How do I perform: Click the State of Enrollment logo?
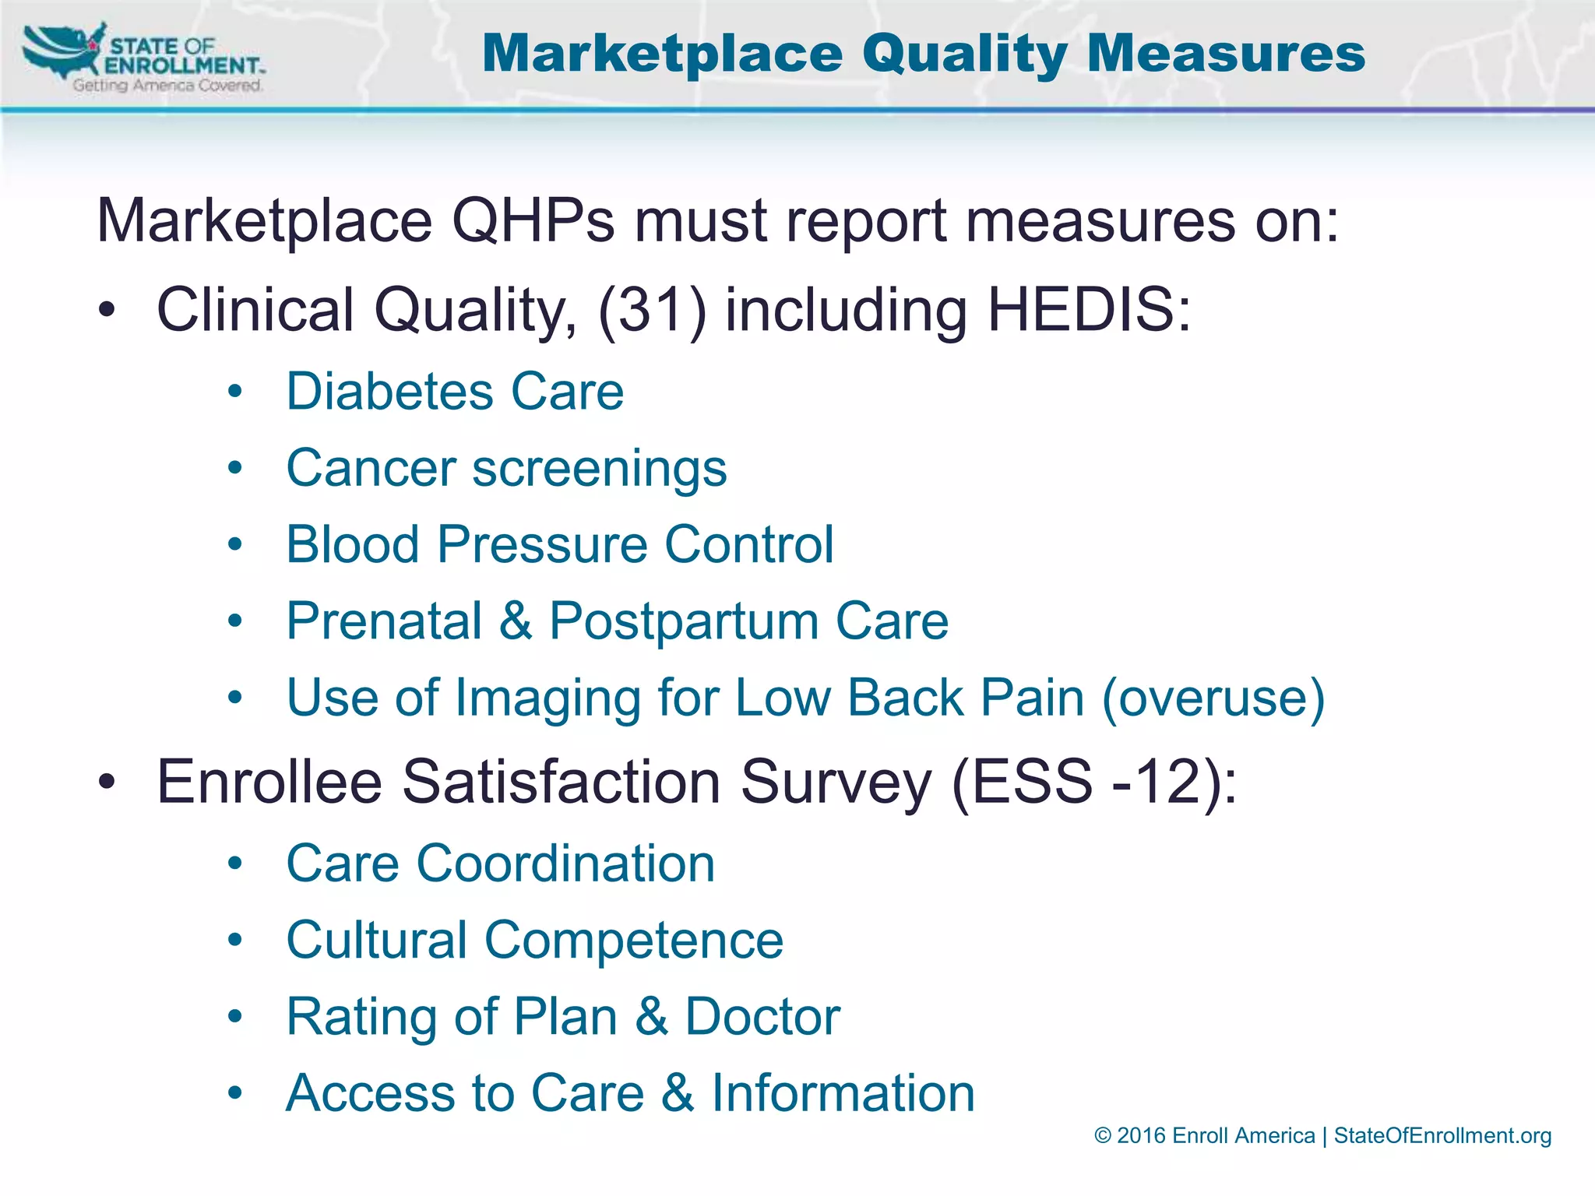tap(144, 58)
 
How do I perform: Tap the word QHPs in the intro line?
tap(533, 221)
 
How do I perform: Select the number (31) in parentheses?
tap(652, 310)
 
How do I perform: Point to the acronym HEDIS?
tap(1089, 310)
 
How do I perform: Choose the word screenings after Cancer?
tap(600, 469)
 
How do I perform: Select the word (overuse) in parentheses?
tap(1213, 698)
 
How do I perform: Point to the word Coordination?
tap(565, 864)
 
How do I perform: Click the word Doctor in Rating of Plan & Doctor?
tap(762, 1016)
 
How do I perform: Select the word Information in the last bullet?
tap(843, 1092)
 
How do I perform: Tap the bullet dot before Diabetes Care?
tap(235, 392)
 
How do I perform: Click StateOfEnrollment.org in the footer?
tap(1442, 1136)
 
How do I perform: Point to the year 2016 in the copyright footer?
tap(1141, 1136)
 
